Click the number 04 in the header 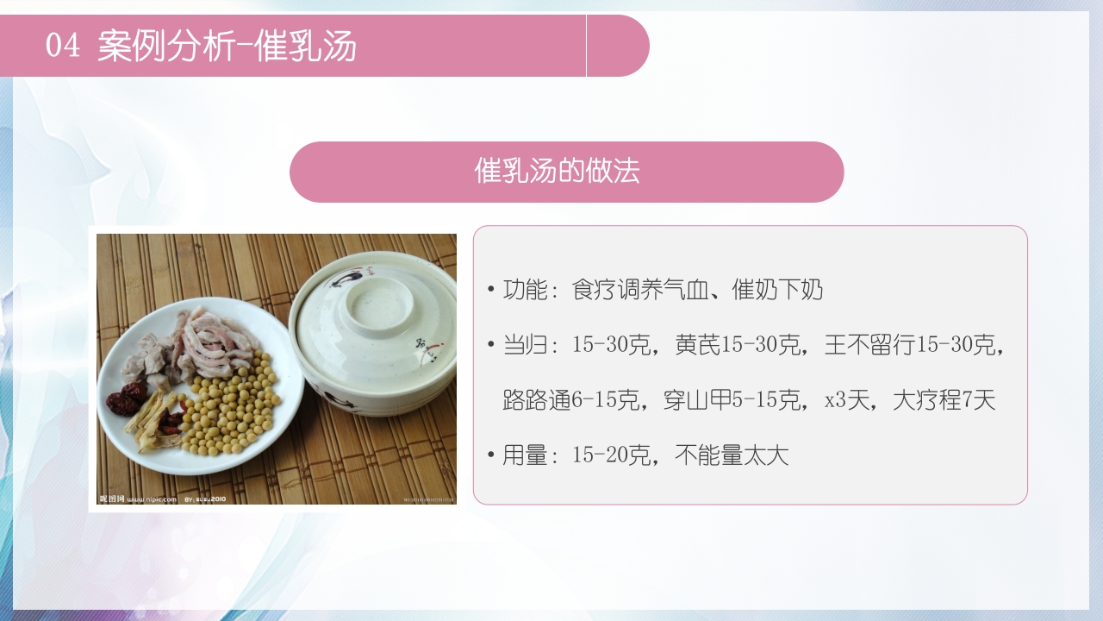coord(62,46)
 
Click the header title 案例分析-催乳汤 coord(227,46)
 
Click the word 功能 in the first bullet coord(525,290)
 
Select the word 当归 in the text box coord(525,345)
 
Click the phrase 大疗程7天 coord(944,400)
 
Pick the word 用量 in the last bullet coord(525,455)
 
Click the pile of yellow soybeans coord(230,411)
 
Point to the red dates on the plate coord(128,399)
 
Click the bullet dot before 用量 coord(490,455)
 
